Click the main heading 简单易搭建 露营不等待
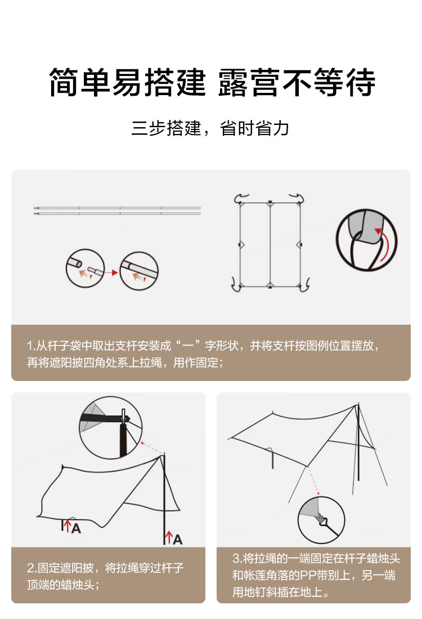tap(212, 82)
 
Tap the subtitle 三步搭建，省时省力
tap(210, 129)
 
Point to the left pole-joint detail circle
tap(85, 268)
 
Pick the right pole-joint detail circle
tap(139, 271)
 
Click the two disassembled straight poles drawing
tap(117, 210)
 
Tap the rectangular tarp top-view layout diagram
tap(270, 243)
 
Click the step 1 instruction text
tap(203, 354)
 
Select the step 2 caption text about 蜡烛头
tap(105, 576)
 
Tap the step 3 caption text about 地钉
tap(316, 575)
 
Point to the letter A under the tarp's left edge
tap(76, 528)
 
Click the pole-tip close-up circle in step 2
tap(110, 428)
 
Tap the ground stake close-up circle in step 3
tap(321, 521)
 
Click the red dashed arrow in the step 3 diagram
tap(313, 481)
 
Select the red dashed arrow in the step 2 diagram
tap(151, 448)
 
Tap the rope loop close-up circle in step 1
tap(367, 240)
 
